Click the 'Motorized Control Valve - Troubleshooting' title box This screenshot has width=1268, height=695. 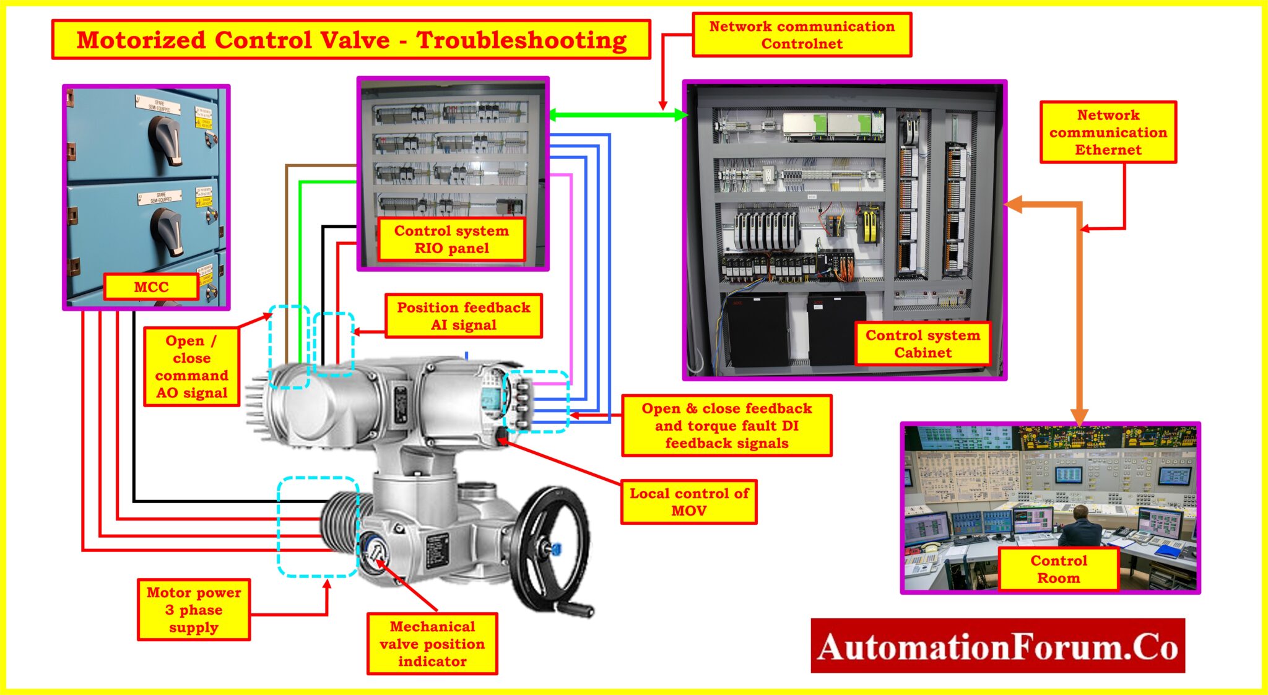pyautogui.click(x=351, y=40)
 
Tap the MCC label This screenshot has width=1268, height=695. pyautogui.click(x=151, y=287)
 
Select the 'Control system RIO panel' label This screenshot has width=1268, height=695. pyautogui.click(x=451, y=240)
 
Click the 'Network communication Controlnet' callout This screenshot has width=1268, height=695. pyautogui.click(x=801, y=35)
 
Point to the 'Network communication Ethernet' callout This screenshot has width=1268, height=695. pyautogui.click(x=1108, y=132)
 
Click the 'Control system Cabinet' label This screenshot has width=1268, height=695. pyautogui.click(x=923, y=343)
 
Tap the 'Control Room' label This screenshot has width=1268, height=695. pyautogui.click(x=1058, y=569)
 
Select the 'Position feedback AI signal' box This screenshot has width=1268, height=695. pyautogui.click(x=463, y=316)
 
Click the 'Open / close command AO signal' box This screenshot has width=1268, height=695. pyautogui.click(x=191, y=366)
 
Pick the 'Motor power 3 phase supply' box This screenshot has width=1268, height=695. pyautogui.click(x=193, y=610)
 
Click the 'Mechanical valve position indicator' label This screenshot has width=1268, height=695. pyautogui.click(x=432, y=644)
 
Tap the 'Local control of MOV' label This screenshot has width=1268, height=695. pyautogui.click(x=688, y=502)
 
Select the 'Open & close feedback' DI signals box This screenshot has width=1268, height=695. pyautogui.click(x=726, y=426)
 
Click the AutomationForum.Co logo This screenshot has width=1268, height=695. pyautogui.click(x=997, y=646)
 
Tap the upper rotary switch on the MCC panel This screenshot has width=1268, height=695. pyautogui.click(x=166, y=139)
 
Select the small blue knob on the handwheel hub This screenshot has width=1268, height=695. pyautogui.click(x=555, y=548)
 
